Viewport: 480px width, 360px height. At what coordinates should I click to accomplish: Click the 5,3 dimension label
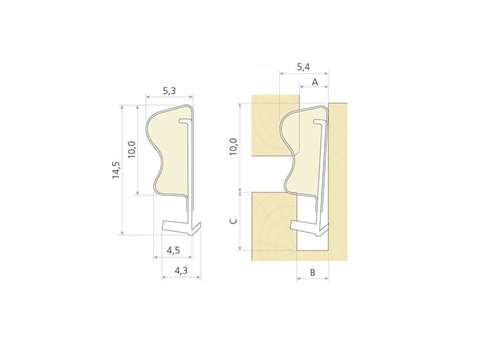[169, 90]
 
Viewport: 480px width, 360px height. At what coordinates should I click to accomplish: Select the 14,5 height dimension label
[116, 170]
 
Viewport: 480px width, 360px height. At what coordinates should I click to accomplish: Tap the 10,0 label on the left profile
[131, 149]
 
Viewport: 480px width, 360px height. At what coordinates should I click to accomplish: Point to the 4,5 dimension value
[173, 250]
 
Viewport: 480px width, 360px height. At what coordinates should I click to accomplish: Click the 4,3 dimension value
[181, 270]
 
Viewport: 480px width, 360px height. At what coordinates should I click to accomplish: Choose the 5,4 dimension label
[303, 67]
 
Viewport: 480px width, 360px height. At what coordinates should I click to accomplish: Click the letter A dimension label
[315, 82]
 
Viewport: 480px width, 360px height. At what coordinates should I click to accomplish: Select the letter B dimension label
[313, 273]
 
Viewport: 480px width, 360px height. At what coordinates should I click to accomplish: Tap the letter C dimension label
[234, 221]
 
